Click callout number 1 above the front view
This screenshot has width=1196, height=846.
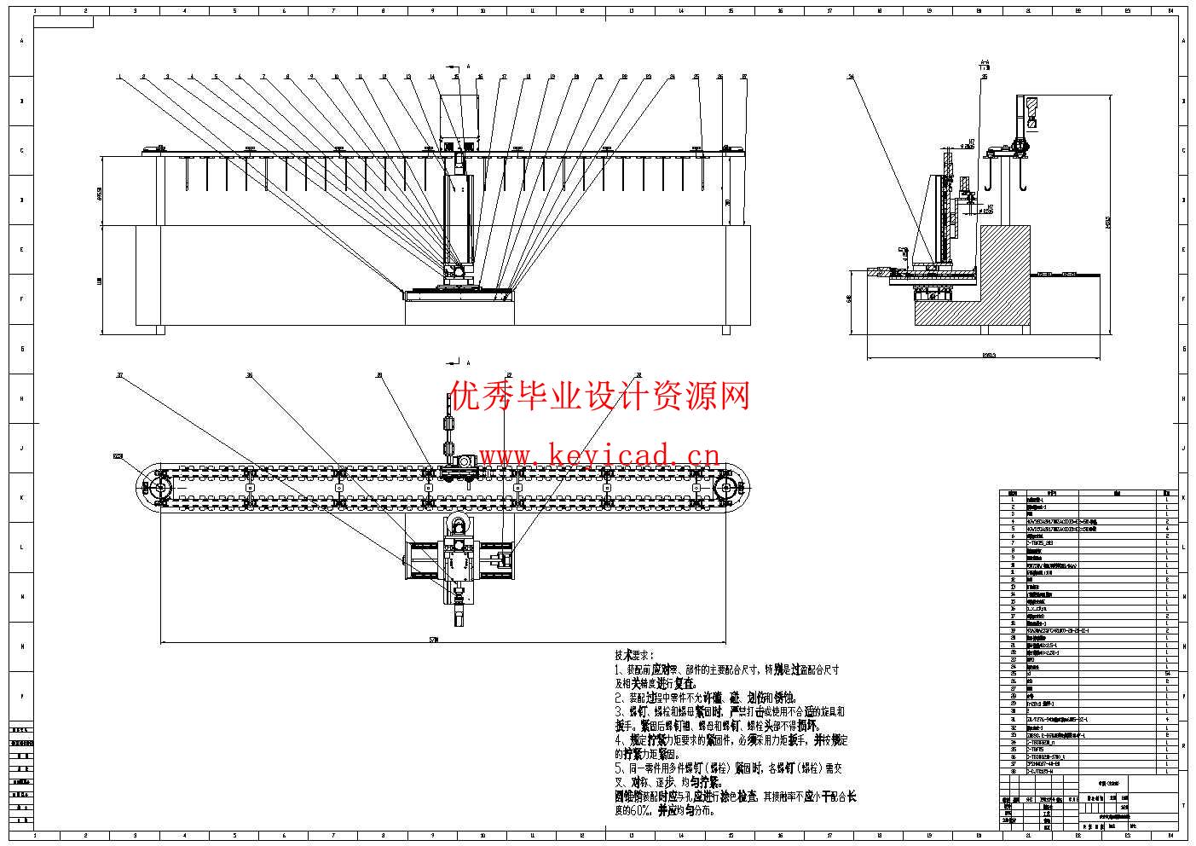[120, 77]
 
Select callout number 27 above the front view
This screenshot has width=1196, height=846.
[744, 77]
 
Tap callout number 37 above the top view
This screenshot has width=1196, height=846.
[120, 374]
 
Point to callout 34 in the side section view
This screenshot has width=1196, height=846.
[851, 77]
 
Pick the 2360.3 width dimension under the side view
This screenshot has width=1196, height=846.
[989, 354]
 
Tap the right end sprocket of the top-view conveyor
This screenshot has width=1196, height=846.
[727, 489]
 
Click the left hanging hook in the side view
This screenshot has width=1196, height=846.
[990, 179]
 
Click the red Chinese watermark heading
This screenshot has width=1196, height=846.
[599, 396]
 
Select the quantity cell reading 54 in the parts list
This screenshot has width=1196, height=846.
[1166, 673]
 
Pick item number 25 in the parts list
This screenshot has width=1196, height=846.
[1012, 673]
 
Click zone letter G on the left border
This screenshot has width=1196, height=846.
[23, 349]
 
